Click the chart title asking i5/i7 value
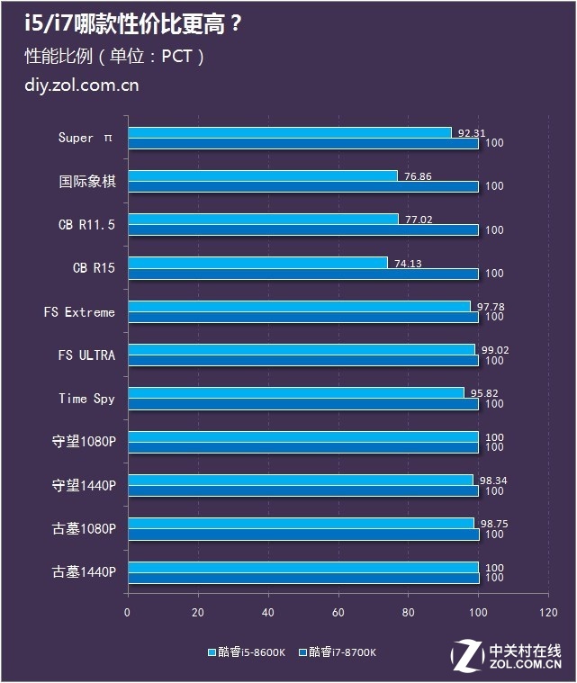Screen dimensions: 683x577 pos(133,24)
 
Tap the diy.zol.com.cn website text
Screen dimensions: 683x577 pos(82,86)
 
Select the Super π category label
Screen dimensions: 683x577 pos(86,138)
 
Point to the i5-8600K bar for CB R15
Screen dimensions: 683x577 pos(257,263)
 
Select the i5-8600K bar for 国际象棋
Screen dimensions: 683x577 pos(262,175)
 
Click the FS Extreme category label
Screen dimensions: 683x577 pos(79,312)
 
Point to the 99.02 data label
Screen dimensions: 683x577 pos(492,350)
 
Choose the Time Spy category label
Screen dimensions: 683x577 pos(86,399)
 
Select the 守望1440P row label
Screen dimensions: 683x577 pos(84,486)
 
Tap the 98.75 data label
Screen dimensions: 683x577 pos(491,524)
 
